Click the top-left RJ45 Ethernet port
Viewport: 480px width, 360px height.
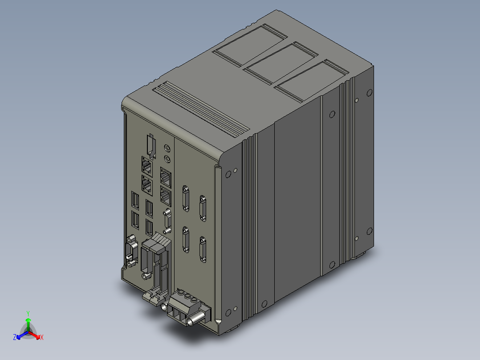[146, 166]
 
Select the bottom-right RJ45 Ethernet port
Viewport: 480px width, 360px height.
[165, 194]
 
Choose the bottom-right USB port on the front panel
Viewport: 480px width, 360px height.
[150, 228]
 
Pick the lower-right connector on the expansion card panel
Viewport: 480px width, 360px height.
[203, 249]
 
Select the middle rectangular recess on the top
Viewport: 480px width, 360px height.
[281, 62]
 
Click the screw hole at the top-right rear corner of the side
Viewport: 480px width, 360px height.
[369, 93]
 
